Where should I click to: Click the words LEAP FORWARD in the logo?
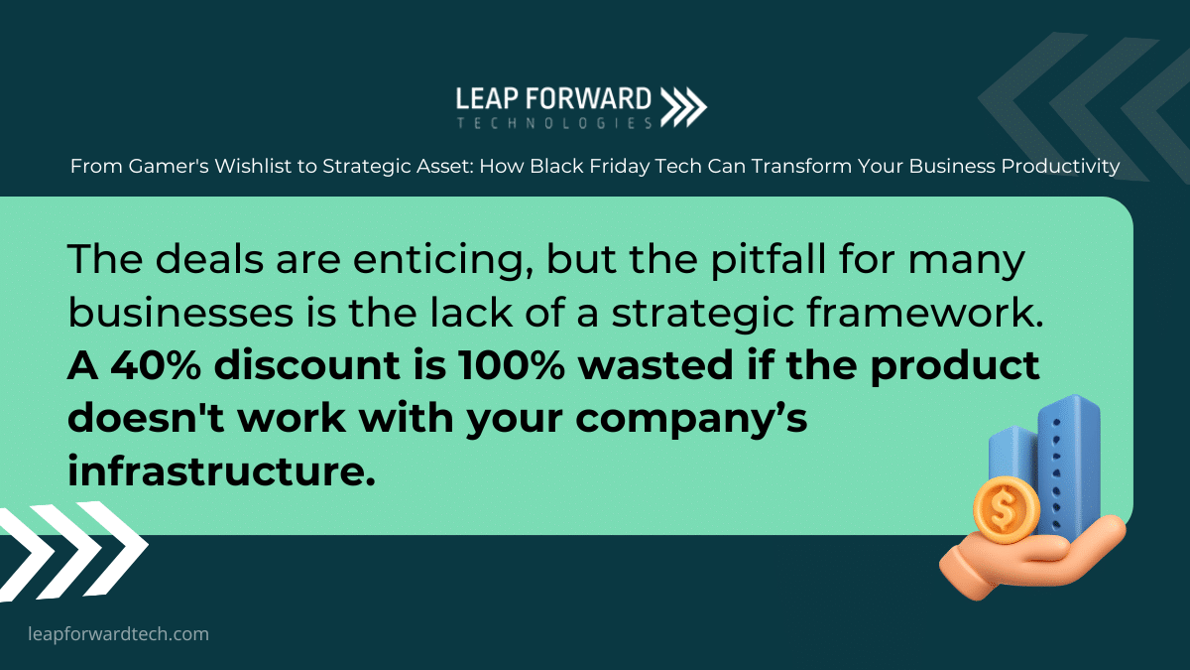(x=553, y=99)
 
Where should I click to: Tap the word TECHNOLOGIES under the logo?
(x=554, y=123)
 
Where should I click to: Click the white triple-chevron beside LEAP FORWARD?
(x=683, y=107)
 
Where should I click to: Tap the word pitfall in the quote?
(x=769, y=259)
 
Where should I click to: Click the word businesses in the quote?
(x=180, y=312)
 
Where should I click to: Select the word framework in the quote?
(x=925, y=312)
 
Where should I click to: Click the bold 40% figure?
(x=157, y=365)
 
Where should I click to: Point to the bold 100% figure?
(x=511, y=365)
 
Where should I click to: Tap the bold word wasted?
(x=655, y=365)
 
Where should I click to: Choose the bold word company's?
(x=691, y=420)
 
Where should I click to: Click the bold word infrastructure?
(x=221, y=470)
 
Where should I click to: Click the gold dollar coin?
(x=1007, y=510)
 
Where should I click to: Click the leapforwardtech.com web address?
(x=118, y=634)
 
